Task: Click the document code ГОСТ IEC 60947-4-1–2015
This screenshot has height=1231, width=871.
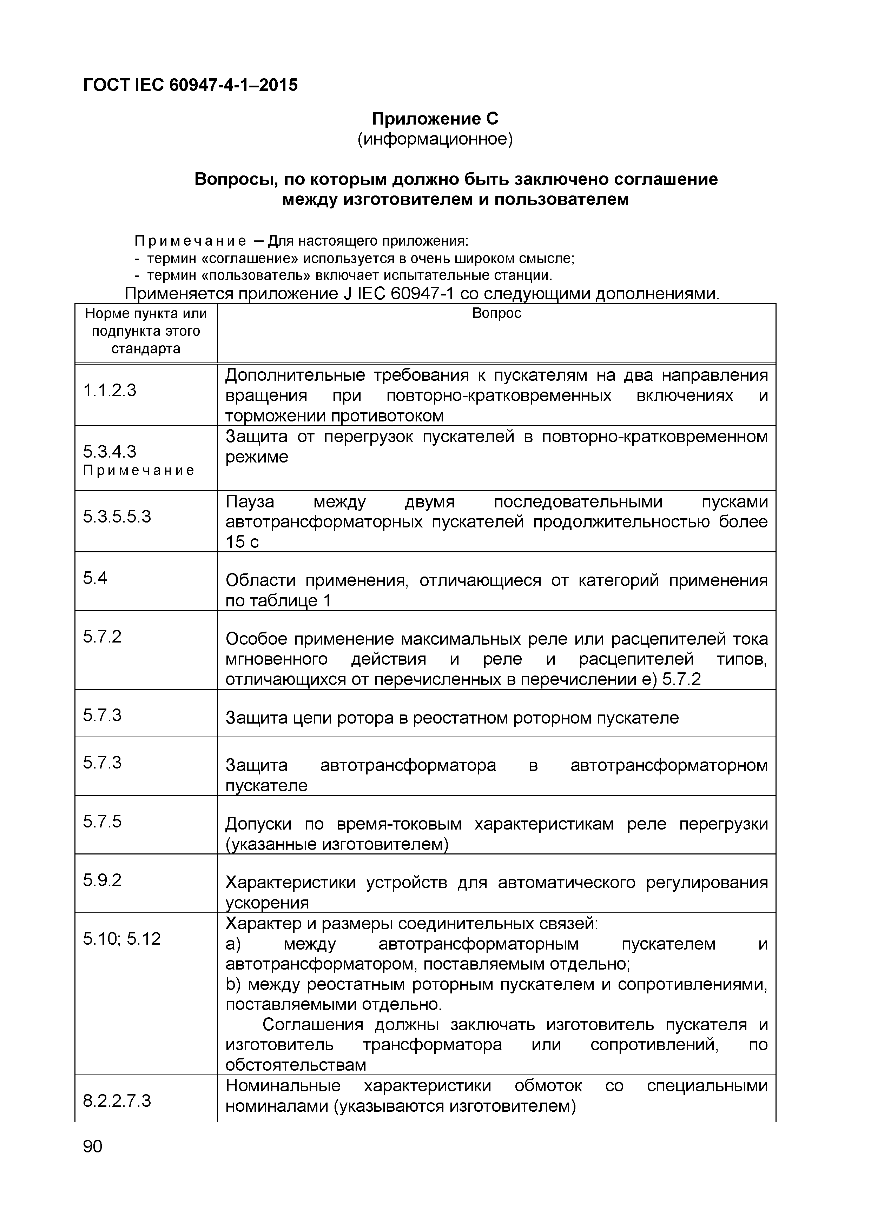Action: pyautogui.click(x=190, y=85)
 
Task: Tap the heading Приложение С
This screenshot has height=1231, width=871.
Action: pyautogui.click(x=435, y=119)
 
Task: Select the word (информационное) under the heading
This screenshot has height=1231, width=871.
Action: pyautogui.click(x=435, y=139)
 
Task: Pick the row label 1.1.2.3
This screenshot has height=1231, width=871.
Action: pyautogui.click(x=110, y=390)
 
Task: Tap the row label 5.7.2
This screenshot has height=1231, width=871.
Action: pyautogui.click(x=103, y=637)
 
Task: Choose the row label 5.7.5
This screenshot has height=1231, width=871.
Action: pyautogui.click(x=103, y=821)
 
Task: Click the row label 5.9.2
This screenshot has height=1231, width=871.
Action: pyautogui.click(x=103, y=880)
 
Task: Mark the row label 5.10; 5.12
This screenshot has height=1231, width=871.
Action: pyautogui.click(x=122, y=938)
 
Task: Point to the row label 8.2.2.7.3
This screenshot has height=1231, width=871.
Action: pyautogui.click(x=117, y=1101)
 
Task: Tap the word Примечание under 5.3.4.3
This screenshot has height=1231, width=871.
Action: pyautogui.click(x=138, y=471)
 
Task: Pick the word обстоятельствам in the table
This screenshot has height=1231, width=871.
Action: pyautogui.click(x=296, y=1065)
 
